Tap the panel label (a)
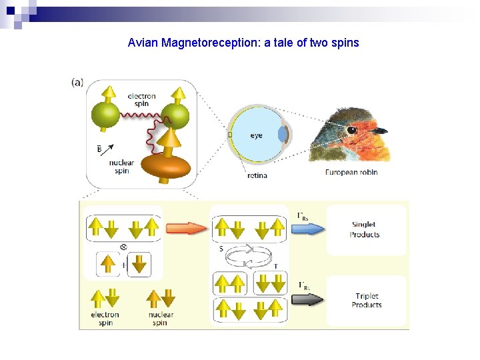coord(77,83)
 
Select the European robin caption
coord(351,172)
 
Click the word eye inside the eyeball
coord(256,135)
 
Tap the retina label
coord(257,175)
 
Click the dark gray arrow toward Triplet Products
coord(309,299)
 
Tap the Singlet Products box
coord(365,230)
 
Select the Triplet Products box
coord(366,301)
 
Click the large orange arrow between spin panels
coord(187,229)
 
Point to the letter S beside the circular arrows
coord(221,249)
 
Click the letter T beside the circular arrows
coord(277,265)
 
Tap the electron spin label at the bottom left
coord(105,319)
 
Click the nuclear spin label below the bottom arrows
coord(160,319)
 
